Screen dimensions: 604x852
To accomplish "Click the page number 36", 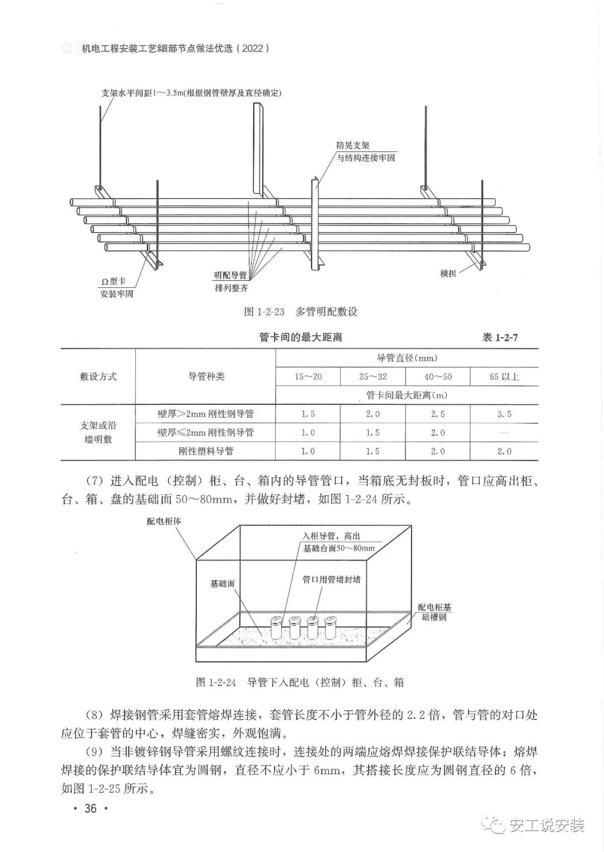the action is [90, 808].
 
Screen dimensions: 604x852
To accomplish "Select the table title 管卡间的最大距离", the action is [300, 337].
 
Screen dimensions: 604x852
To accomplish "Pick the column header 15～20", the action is [308, 377].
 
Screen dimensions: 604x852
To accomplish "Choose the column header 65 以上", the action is [504, 377].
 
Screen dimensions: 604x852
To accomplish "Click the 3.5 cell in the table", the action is [504, 414].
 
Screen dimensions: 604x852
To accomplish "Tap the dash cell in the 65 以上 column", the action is [504, 433].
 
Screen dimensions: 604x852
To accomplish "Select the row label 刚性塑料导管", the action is [205, 451].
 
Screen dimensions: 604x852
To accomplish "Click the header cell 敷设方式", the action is [98, 377].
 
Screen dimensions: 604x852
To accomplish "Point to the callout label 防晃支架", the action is [352, 145].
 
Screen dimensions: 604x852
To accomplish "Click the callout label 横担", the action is [448, 273].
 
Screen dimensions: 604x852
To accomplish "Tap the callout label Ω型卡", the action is [110, 281].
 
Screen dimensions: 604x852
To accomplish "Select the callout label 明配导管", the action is [230, 275].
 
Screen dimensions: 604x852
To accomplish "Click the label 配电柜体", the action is [164, 521].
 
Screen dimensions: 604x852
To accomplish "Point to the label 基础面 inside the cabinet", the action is [222, 583].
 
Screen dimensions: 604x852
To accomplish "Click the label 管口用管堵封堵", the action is [331, 579].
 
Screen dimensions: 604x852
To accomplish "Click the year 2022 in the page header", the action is [253, 49].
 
